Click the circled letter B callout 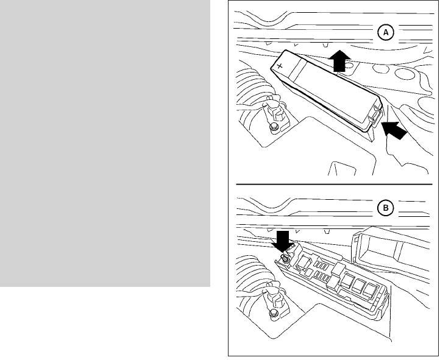(x=385, y=208)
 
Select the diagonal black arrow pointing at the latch (x=394, y=130)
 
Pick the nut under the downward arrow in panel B (x=284, y=259)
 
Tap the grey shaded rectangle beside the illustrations (x=105, y=144)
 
